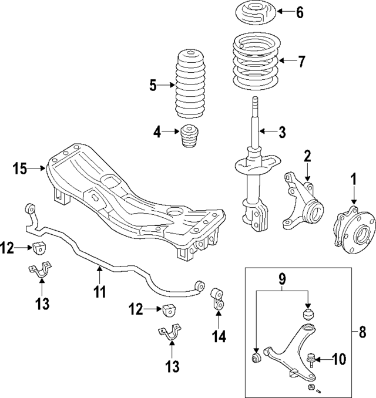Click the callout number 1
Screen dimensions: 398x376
[354, 178]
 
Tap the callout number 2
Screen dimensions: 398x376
[306, 156]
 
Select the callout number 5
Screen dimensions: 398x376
[153, 86]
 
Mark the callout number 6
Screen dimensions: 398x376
[300, 12]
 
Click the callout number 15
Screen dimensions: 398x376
[20, 169]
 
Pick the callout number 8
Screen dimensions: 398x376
[362, 332]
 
